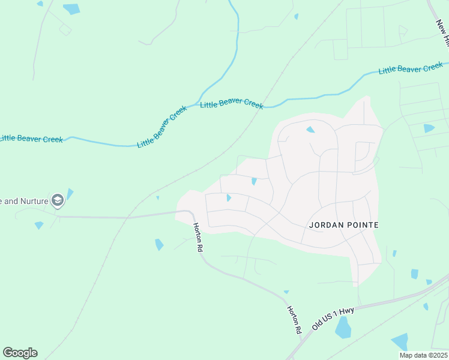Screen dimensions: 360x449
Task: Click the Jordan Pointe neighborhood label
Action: click(344, 225)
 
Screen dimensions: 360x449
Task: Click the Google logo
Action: click(20, 353)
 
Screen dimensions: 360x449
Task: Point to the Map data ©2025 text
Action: click(423, 355)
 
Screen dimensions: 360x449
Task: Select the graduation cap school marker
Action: click(58, 200)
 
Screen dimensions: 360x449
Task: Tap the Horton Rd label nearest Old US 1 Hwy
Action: click(294, 319)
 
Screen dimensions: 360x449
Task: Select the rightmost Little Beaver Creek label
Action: click(411, 69)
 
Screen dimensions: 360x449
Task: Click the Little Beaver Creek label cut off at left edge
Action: click(31, 139)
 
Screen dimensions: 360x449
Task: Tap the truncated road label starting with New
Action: click(442, 33)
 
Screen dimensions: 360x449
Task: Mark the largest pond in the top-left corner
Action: click(71, 9)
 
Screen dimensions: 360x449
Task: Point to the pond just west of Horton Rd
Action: click(159, 244)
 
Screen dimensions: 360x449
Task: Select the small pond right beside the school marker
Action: click(70, 193)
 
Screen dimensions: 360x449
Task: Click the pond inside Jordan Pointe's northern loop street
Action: click(310, 130)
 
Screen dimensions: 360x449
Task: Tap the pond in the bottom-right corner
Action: click(400, 341)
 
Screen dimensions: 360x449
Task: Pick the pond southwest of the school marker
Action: click(39, 225)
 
